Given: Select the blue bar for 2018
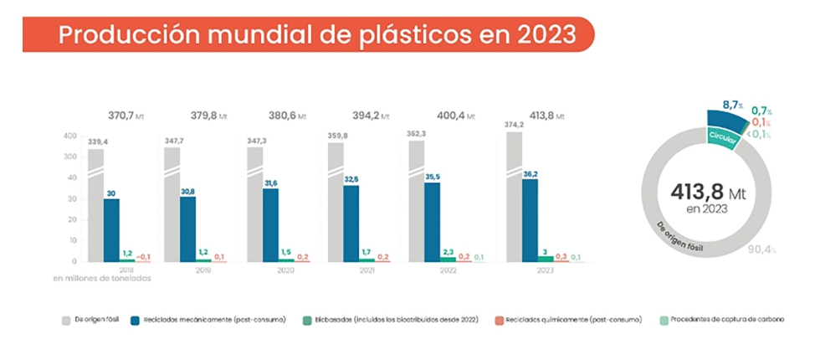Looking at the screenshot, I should click(x=110, y=229).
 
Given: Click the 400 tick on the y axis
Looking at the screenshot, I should click(x=71, y=136).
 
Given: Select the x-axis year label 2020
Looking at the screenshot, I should click(x=286, y=270).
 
